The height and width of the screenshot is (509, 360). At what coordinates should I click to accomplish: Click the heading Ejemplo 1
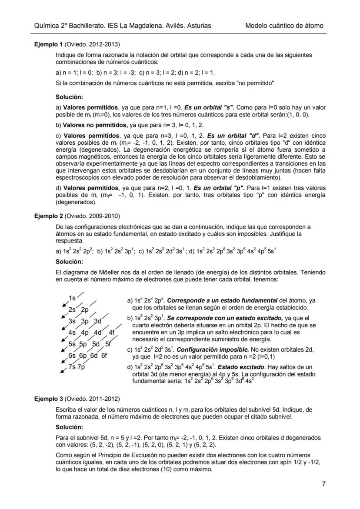49,44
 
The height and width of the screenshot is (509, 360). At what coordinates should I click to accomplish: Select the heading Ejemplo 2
49,216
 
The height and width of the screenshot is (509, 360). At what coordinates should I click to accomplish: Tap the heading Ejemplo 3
49,399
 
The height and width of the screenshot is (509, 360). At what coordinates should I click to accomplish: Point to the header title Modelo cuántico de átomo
284,26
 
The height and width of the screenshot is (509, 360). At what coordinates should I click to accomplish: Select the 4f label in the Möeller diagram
112,333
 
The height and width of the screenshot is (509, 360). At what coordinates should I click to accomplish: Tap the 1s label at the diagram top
72,298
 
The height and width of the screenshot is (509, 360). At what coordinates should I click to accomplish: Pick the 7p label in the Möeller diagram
81,366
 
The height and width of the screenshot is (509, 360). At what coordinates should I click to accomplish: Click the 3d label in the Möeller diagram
97,321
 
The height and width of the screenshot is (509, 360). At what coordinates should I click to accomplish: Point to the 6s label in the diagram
72,355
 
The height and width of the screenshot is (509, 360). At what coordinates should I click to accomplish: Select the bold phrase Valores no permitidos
90,125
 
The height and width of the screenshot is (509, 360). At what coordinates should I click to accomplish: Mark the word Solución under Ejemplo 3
70,427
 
